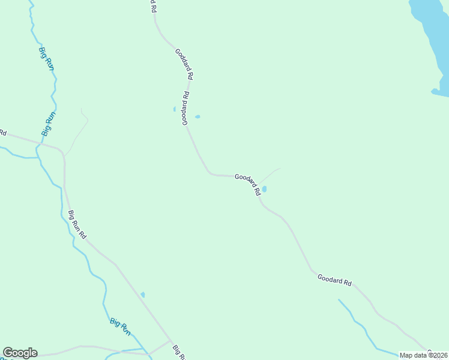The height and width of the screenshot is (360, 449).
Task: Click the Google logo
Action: pyautogui.click(x=20, y=353)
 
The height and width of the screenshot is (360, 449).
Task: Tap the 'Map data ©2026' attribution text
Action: pyautogui.click(x=423, y=355)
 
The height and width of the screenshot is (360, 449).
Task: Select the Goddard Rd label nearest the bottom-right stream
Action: pyautogui.click(x=334, y=280)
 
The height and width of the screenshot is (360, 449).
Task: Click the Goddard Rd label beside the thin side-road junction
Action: pyautogui.click(x=248, y=184)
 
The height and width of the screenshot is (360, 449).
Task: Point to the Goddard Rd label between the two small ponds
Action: pyautogui.click(x=186, y=108)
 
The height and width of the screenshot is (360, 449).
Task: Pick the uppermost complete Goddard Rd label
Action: pyautogui.click(x=184, y=64)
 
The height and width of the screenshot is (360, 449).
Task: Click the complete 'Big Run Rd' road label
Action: pyautogui.click(x=77, y=224)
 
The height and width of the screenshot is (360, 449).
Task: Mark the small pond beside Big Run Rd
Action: pyautogui.click(x=142, y=294)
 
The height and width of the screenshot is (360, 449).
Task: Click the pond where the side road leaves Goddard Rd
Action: pyautogui.click(x=264, y=189)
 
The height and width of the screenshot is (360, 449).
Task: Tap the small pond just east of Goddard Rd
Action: pyautogui.click(x=197, y=116)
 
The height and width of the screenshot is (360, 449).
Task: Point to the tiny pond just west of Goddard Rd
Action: pyautogui.click(x=175, y=109)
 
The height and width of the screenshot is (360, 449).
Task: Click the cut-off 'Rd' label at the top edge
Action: pyautogui.click(x=152, y=6)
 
